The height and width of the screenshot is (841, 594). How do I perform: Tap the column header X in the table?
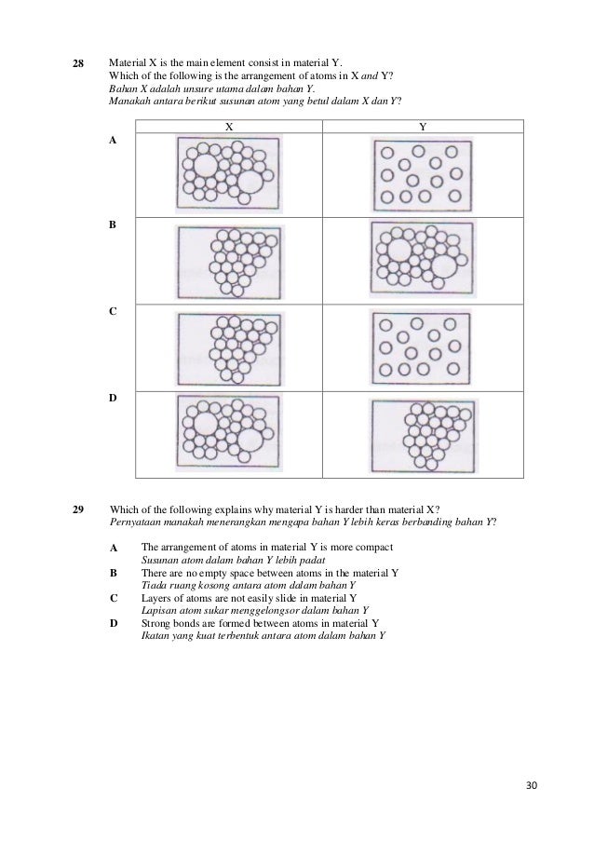228,126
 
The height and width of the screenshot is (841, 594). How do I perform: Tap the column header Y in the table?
423,126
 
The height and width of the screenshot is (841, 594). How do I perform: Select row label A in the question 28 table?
113,140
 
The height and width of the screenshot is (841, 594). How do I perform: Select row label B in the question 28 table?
113,225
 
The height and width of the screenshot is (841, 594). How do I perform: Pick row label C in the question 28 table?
113,311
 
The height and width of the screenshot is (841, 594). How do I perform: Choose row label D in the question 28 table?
113,398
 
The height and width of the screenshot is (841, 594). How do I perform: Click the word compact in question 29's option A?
374,547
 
